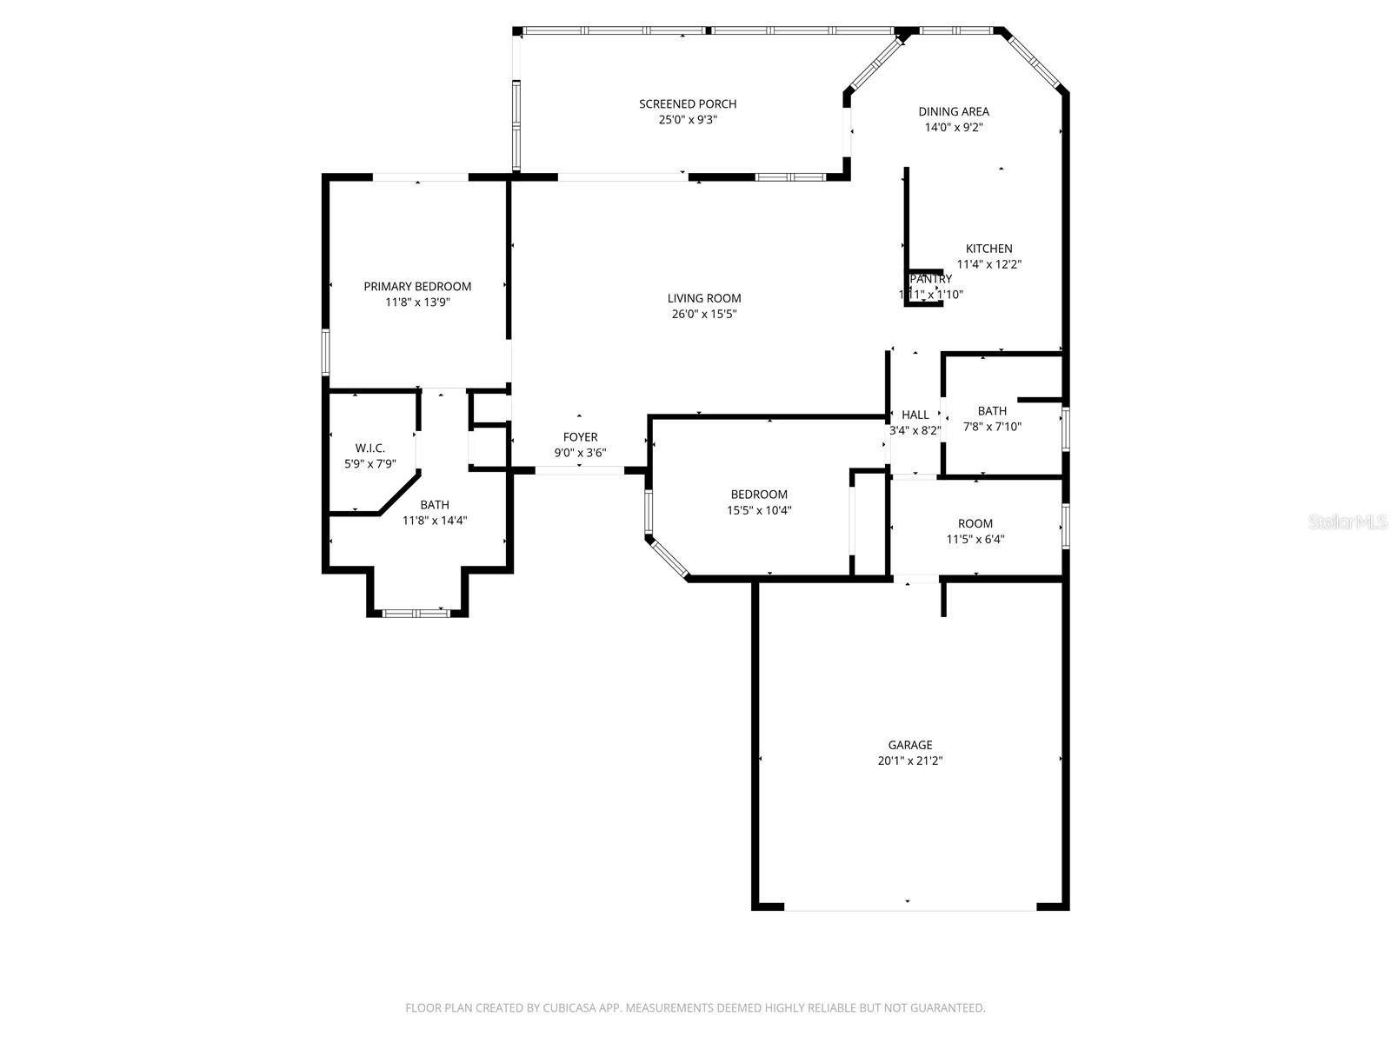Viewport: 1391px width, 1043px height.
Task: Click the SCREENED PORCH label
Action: (687, 104)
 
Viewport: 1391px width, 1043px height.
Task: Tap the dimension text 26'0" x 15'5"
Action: (704, 315)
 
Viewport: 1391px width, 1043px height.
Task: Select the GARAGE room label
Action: (910, 745)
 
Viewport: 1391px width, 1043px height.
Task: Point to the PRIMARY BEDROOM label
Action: (417, 287)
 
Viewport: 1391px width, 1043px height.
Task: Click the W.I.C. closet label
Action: (369, 448)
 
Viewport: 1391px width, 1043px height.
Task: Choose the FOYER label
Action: (580, 437)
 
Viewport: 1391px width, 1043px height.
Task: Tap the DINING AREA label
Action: (954, 111)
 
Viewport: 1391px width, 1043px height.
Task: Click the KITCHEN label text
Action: (988, 249)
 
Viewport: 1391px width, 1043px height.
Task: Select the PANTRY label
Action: (931, 279)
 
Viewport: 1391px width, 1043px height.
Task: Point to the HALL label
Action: (915, 415)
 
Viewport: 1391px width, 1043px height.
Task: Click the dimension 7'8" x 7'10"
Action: (992, 427)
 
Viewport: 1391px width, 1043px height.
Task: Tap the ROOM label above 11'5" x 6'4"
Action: (975, 523)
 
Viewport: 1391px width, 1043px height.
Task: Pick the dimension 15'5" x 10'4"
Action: (759, 510)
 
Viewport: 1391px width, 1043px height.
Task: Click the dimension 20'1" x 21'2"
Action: (910, 761)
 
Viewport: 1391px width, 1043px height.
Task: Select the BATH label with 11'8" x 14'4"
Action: (435, 505)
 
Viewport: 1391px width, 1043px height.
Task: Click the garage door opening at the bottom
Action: (909, 908)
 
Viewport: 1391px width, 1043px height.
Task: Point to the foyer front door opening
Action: (579, 470)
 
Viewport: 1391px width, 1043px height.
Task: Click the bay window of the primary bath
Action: (416, 613)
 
